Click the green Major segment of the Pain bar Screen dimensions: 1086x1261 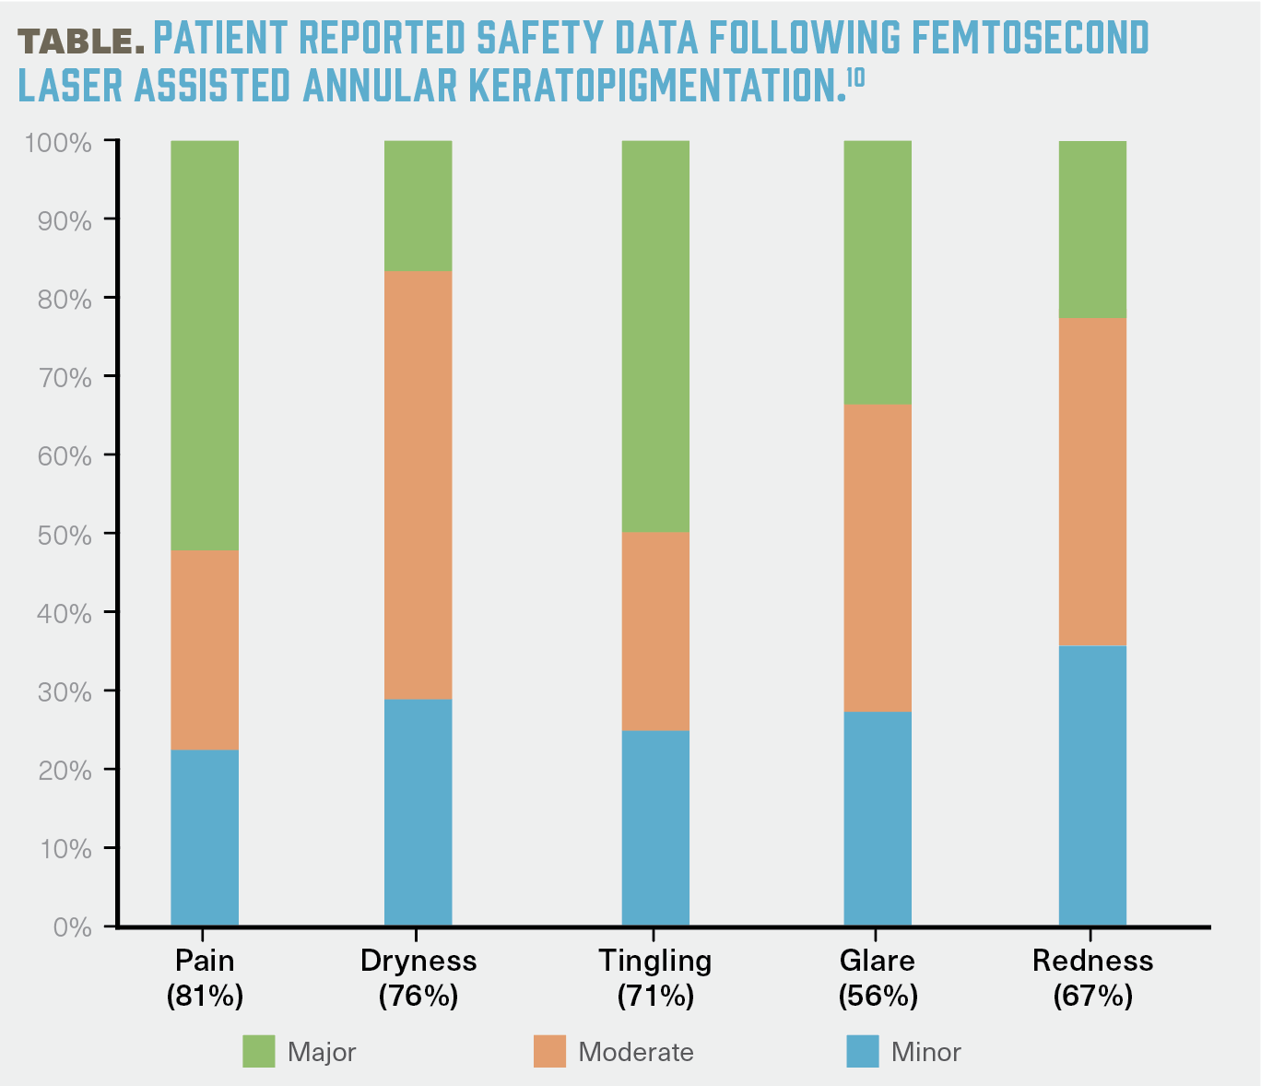[205, 346]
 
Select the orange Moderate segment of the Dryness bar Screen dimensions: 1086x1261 [418, 485]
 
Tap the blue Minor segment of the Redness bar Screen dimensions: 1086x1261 [1092, 785]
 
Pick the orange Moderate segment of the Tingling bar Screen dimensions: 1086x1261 [655, 632]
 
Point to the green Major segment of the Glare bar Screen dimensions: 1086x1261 [878, 273]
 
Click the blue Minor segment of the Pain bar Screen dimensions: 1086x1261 [205, 837]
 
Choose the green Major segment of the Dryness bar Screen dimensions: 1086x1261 [418, 206]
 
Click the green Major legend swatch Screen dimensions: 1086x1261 [259, 1052]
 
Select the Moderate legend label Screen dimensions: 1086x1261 [636, 1052]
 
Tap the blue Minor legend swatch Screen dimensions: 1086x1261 [863, 1052]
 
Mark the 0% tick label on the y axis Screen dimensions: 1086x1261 [73, 927]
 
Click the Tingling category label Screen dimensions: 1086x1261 [655, 961]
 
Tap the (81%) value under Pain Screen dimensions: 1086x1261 [205, 996]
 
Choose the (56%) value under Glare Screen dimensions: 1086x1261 [878, 996]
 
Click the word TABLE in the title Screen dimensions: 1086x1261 [81, 41]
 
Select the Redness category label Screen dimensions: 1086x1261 [1092, 961]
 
